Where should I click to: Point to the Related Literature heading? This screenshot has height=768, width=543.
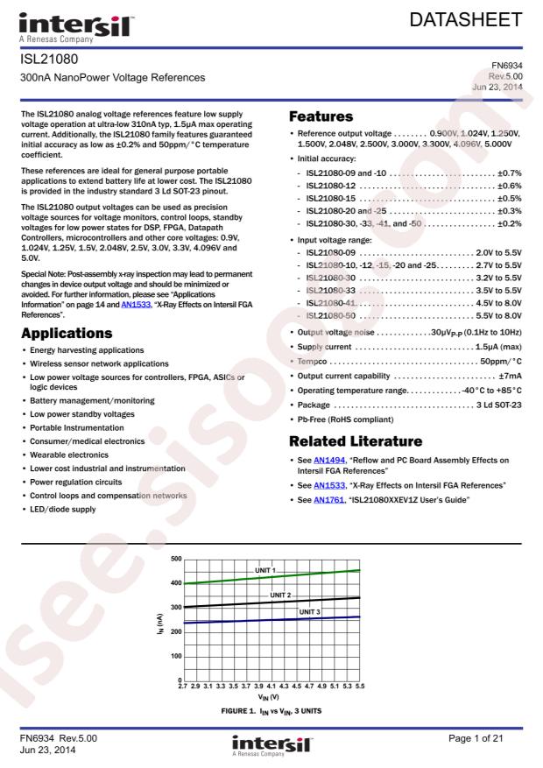tap(356, 440)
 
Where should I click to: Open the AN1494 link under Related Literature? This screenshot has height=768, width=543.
tap(328, 460)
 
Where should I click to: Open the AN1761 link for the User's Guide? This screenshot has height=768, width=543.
tap(328, 499)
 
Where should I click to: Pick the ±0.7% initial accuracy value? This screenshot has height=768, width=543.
tap(509, 173)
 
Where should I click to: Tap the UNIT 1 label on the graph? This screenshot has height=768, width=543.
tap(265, 571)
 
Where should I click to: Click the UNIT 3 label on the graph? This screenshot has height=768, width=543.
tap(310, 612)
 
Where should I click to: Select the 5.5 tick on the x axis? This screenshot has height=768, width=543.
tap(359, 687)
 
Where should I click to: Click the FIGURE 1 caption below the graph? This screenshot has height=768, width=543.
tap(271, 711)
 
